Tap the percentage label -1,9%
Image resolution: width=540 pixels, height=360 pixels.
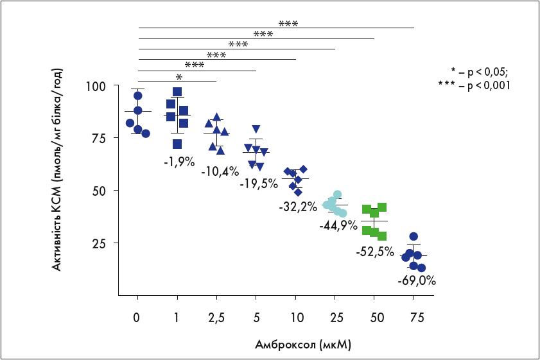[179, 162]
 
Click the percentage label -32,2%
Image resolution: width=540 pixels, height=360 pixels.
[298, 207]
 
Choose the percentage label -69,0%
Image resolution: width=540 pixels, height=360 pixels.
[416, 280]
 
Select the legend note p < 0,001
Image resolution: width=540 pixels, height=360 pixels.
[478, 85]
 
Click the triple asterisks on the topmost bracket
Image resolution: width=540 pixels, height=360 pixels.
[288, 24]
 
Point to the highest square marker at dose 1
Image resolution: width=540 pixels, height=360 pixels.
[177, 92]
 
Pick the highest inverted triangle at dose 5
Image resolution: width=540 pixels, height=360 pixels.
[256, 129]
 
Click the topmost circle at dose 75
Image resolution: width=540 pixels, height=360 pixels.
[414, 237]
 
